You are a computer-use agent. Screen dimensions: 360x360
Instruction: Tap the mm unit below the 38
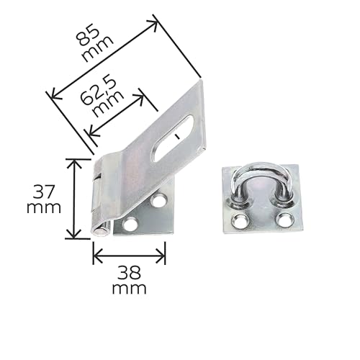coord(130,289)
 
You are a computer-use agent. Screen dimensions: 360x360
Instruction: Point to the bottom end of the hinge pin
coord(102,232)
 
